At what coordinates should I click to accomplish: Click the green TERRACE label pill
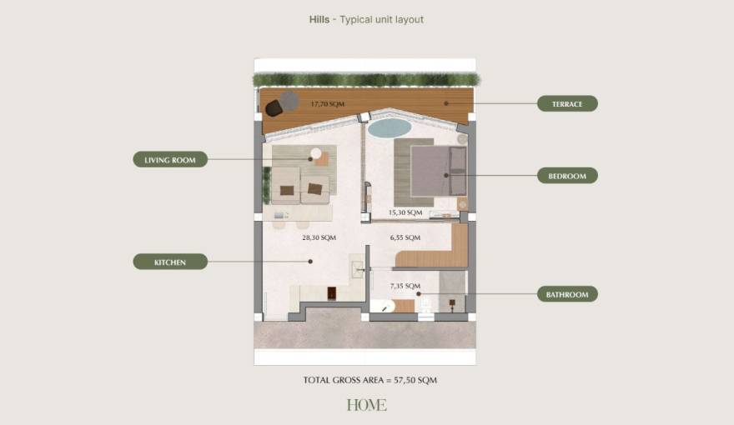(567, 104)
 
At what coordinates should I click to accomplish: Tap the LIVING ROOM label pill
(170, 159)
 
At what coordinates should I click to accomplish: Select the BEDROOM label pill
(567, 176)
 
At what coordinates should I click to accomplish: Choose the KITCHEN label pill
(170, 262)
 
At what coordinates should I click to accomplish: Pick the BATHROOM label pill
(567, 294)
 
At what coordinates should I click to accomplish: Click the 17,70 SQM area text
(327, 104)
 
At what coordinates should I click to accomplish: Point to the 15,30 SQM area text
(405, 213)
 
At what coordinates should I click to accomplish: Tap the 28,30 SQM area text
(319, 237)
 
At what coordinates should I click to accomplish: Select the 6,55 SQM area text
(405, 237)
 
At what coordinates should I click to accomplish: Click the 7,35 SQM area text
(405, 286)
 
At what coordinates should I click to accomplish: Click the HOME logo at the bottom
(367, 405)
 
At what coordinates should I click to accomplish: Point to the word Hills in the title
(319, 19)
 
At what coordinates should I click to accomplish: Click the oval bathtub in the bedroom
(390, 127)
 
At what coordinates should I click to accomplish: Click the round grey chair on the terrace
(289, 101)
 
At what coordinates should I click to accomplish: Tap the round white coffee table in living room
(315, 152)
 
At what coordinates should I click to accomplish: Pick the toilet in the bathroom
(426, 307)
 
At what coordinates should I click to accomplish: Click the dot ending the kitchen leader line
(310, 262)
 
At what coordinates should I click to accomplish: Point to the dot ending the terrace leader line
(447, 103)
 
